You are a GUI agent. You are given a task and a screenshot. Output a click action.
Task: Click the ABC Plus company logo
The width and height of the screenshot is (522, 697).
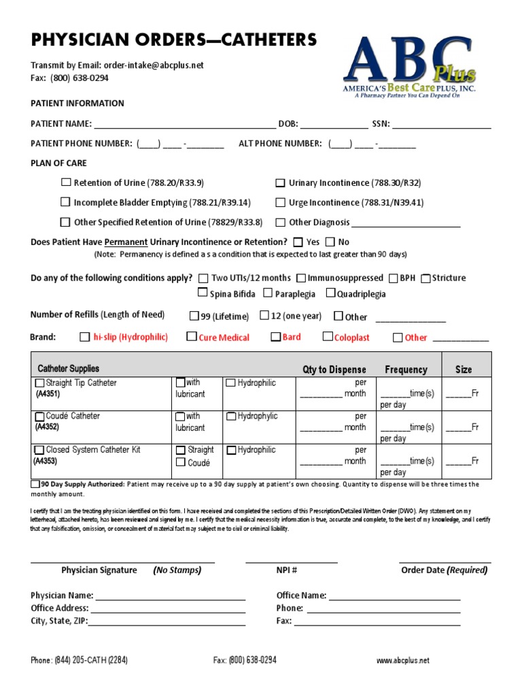410,66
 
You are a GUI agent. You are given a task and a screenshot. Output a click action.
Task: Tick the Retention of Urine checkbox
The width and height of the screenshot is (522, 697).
66,182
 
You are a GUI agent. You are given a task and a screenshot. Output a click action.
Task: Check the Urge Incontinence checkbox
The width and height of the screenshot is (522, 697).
280,202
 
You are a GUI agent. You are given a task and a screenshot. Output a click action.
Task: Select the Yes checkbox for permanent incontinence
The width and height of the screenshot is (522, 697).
298,242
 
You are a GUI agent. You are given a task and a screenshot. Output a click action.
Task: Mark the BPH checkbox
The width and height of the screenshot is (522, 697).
394,278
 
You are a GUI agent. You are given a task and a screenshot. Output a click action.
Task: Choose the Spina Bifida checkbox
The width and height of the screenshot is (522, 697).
203,293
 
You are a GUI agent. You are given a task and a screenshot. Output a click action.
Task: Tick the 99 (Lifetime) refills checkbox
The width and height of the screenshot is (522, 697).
194,316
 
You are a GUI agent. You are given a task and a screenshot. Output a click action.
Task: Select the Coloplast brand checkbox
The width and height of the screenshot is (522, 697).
328,336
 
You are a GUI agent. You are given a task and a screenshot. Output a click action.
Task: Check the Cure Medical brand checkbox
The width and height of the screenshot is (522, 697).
192,336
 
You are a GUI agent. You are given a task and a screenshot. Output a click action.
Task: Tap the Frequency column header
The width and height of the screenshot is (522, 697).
406,370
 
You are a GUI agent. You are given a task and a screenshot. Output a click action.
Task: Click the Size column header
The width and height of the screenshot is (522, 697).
464,370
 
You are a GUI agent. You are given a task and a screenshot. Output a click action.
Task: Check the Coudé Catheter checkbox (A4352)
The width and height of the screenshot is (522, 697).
39,416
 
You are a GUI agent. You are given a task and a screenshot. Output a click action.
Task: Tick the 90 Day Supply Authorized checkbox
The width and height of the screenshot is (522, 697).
35,484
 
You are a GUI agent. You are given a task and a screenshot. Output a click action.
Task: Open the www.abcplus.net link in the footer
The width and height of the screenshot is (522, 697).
403,660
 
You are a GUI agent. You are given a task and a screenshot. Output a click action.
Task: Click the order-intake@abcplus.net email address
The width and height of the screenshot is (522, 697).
154,65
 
